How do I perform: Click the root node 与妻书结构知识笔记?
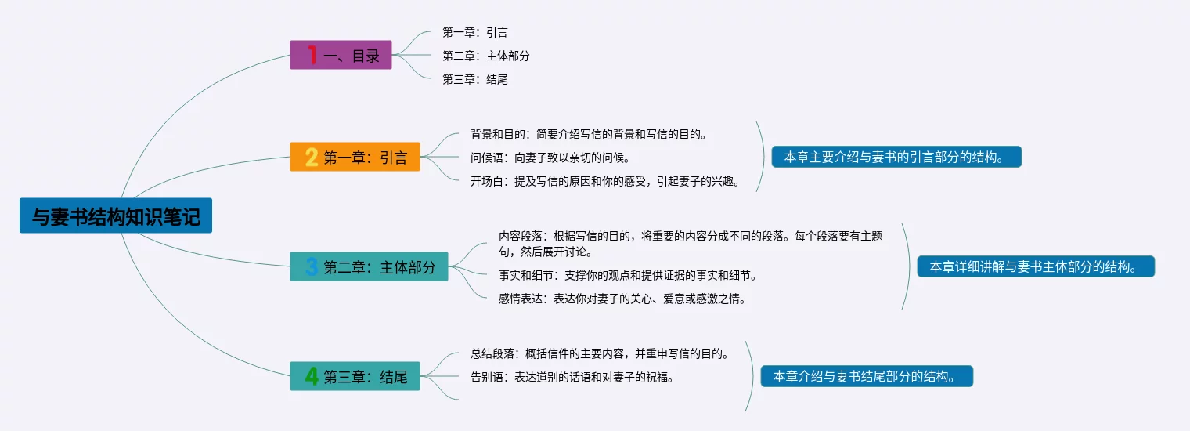pos(116,215)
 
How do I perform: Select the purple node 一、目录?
pos(341,55)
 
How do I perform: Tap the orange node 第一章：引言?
pos(355,157)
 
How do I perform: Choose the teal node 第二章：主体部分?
pos(369,266)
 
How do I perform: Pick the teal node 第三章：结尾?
pos(355,376)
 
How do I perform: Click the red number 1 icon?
pos(312,55)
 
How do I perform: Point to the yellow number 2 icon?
pos(312,158)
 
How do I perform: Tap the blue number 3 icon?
pos(312,266)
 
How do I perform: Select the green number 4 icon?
pos(312,376)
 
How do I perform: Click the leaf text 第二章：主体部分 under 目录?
pos(486,56)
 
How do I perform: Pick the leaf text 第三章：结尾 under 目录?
pos(475,79)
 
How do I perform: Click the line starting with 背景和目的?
pos(589,134)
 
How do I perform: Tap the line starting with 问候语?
pos(550,158)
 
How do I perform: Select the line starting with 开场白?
pos(605,181)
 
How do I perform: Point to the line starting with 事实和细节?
pos(627,275)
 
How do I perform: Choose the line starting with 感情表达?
pos(622,299)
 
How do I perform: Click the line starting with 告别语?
pos(572,378)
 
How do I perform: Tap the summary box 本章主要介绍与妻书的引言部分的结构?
pos(896,157)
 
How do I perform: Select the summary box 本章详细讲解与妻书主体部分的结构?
pos(1036,266)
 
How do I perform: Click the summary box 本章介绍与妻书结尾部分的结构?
pos(867,376)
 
